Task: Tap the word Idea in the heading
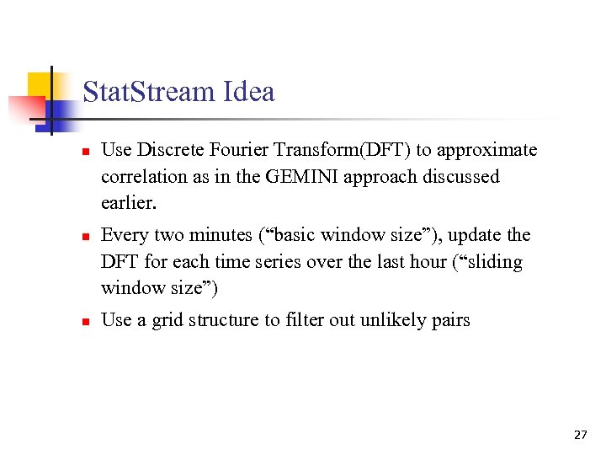pyautogui.click(x=248, y=91)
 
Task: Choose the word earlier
pyautogui.click(x=129, y=204)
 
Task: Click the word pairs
pyautogui.click(x=449, y=319)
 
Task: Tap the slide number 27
pyautogui.click(x=580, y=435)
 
